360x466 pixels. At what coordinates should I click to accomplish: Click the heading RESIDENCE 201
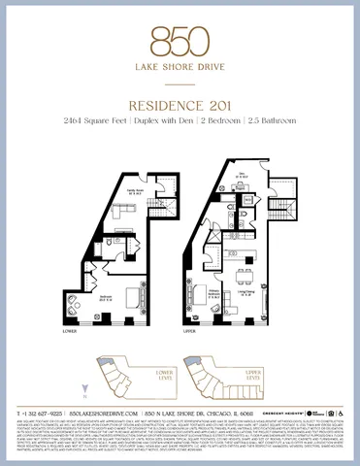180,104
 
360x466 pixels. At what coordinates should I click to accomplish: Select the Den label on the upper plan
244,175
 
